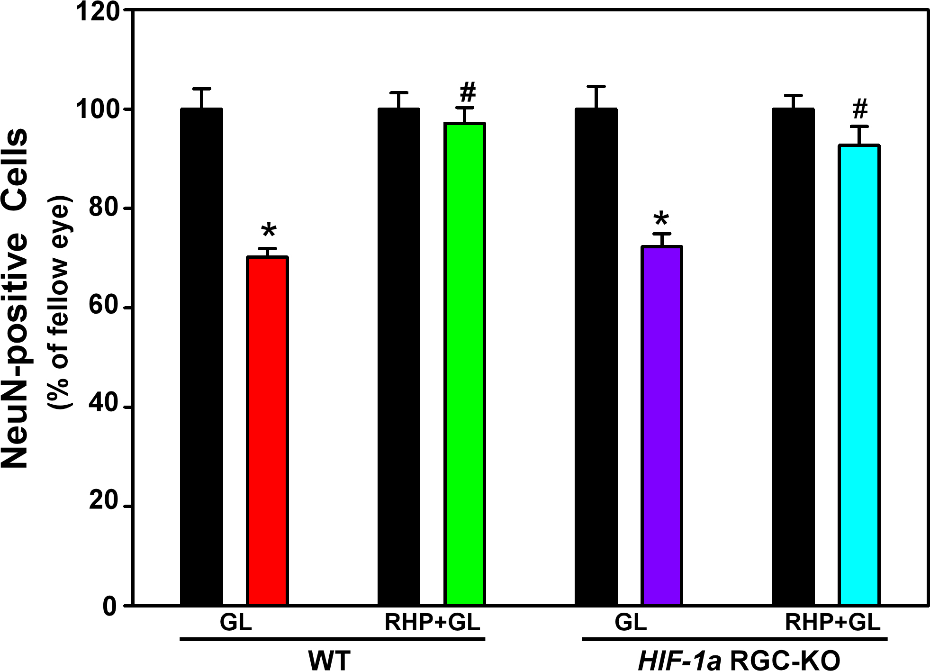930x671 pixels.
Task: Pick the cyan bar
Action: tap(859, 374)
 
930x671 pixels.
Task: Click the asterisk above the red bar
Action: tap(269, 231)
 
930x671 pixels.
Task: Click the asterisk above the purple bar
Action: tap(661, 220)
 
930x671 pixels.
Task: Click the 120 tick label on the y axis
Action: tap(103, 10)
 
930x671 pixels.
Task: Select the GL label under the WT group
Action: tap(235, 623)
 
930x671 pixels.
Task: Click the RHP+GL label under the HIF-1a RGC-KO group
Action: tap(832, 623)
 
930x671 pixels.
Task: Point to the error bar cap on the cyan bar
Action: tap(859, 126)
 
